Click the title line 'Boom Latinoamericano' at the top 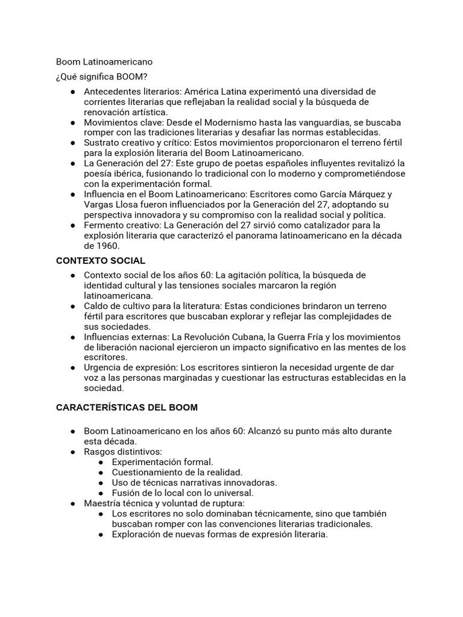point(104,61)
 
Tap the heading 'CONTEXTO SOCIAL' point(101,260)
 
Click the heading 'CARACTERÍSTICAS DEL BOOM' point(127,407)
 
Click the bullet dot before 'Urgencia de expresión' point(72,368)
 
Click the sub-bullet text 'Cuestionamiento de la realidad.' point(177,472)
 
